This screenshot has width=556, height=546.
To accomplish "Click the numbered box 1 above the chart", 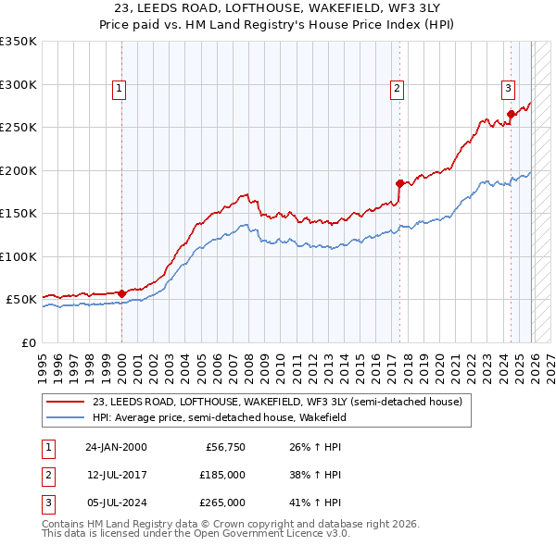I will click(120, 89).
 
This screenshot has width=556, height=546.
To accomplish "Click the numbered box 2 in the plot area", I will click(397, 89).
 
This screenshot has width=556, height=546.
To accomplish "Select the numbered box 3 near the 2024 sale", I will click(509, 89).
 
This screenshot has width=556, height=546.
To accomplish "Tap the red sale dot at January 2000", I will click(122, 293).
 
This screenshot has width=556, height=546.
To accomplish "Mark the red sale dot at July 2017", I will click(399, 183).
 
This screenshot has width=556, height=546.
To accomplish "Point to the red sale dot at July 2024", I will click(511, 115).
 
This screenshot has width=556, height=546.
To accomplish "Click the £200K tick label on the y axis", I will click(19, 170).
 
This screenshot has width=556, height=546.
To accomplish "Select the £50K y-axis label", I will click(22, 300).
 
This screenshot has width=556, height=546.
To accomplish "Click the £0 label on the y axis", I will click(30, 342).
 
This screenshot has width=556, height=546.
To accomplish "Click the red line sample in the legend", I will click(66, 402).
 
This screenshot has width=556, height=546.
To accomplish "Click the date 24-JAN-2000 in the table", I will click(116, 447).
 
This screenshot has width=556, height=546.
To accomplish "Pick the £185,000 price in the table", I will click(221, 475).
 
